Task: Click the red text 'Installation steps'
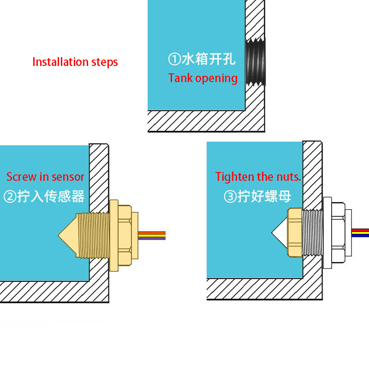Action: (x=75, y=62)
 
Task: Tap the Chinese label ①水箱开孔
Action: (x=202, y=60)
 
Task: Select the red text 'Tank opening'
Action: (x=203, y=78)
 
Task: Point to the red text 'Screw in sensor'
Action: (x=45, y=177)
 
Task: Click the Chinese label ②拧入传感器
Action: (x=44, y=197)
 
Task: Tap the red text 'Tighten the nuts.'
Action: (x=258, y=177)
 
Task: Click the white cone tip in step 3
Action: (x=280, y=232)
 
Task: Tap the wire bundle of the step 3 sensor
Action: (x=360, y=232)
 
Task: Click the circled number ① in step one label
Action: (x=174, y=60)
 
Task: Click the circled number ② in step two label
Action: (x=10, y=197)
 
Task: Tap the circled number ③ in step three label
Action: (x=230, y=197)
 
